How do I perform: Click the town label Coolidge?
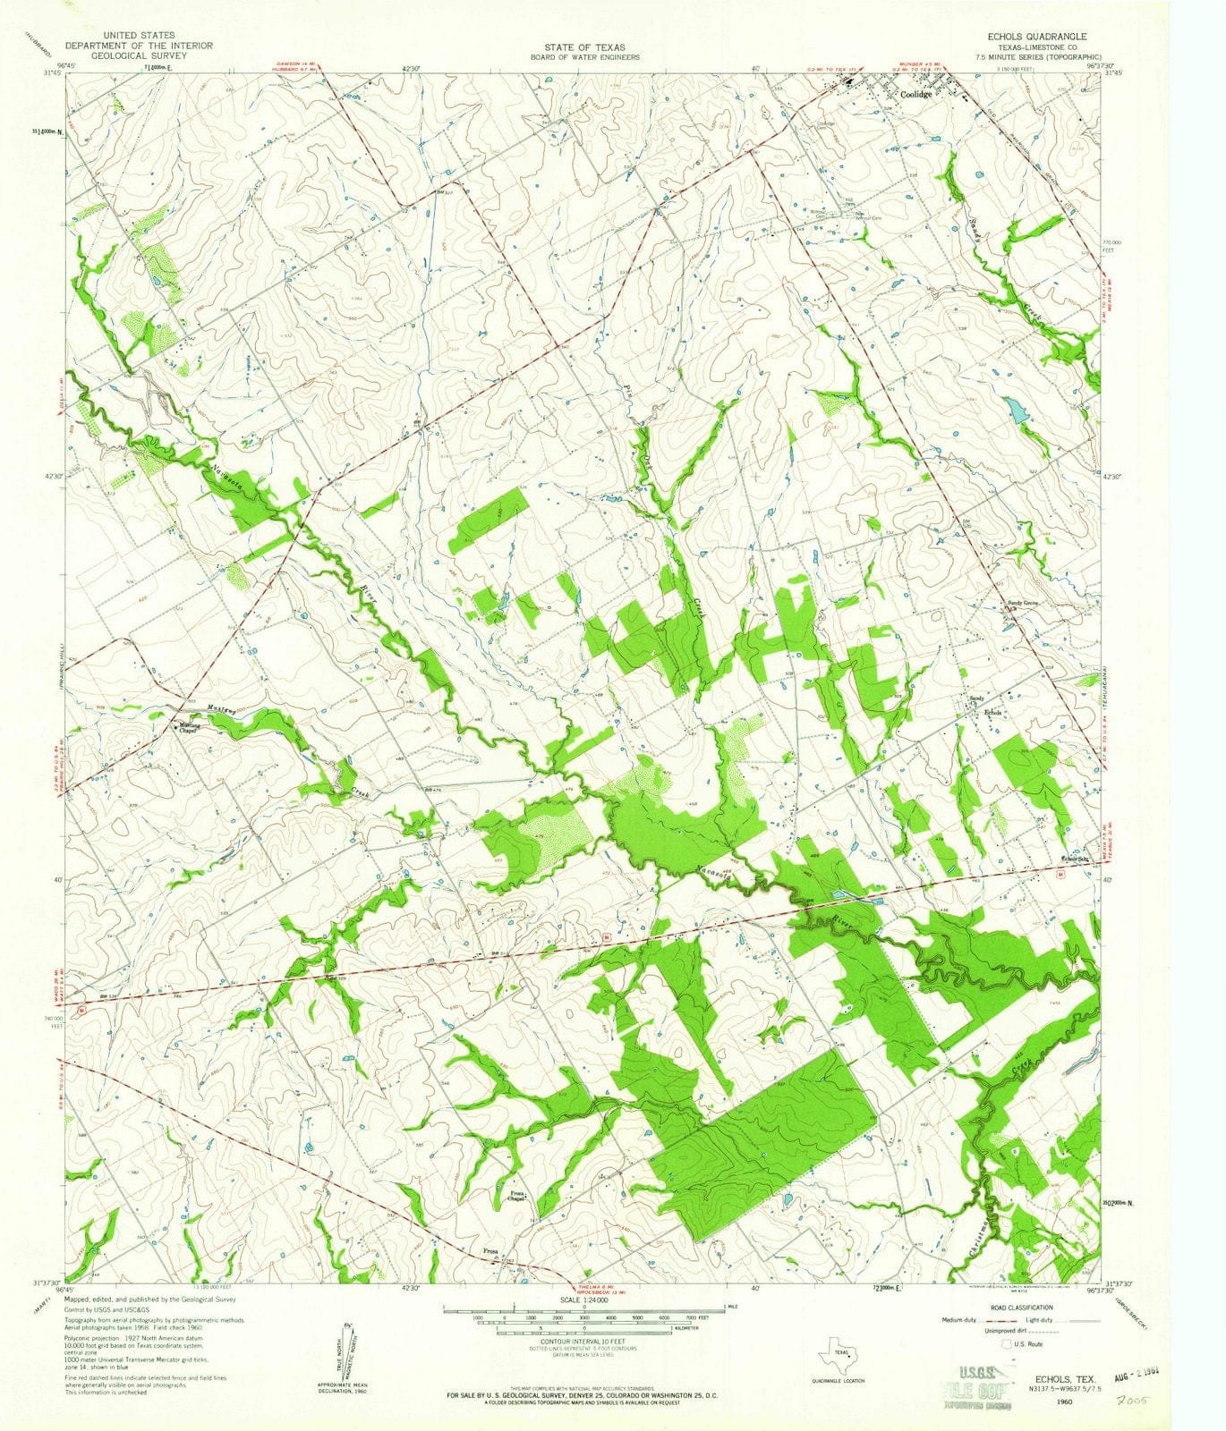pyautogui.click(x=915, y=94)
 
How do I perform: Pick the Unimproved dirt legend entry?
pyautogui.click(x=971, y=1333)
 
